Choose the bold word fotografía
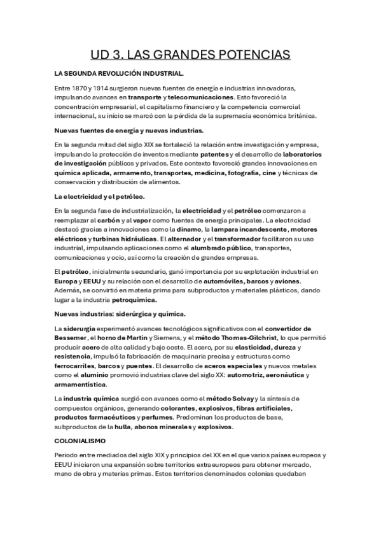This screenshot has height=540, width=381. click(256, 173)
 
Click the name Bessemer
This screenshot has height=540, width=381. click(72, 337)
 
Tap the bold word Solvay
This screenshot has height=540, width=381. click(237, 398)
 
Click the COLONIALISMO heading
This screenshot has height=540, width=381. click(80, 441)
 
